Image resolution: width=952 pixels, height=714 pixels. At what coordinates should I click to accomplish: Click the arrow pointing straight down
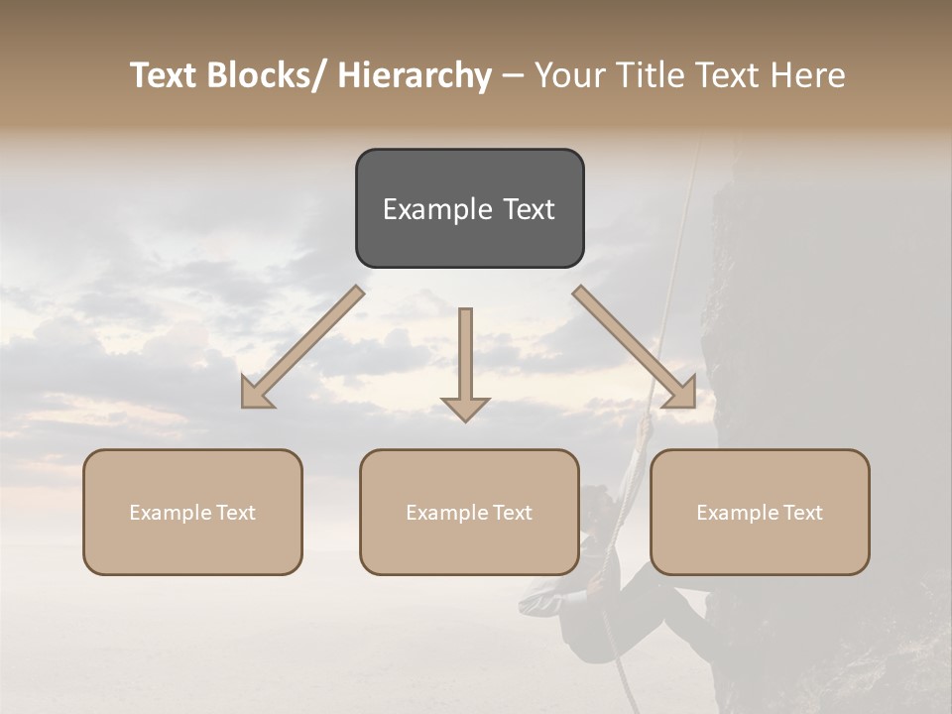coord(465,362)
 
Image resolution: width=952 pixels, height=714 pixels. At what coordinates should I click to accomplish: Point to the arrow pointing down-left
coord(302,347)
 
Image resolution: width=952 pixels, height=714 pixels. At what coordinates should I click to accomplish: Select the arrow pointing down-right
coord(635,347)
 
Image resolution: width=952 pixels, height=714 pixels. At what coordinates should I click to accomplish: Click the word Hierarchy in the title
coord(414,75)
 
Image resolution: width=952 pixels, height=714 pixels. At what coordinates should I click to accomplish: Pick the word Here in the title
coord(809,75)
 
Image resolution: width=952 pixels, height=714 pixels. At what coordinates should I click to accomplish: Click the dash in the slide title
coord(512,75)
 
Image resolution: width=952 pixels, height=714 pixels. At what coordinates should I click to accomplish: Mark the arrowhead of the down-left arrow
coord(256,394)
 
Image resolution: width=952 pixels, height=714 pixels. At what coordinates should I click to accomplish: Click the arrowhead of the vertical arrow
coord(465,408)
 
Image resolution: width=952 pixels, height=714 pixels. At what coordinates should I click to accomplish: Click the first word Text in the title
coord(164,75)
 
